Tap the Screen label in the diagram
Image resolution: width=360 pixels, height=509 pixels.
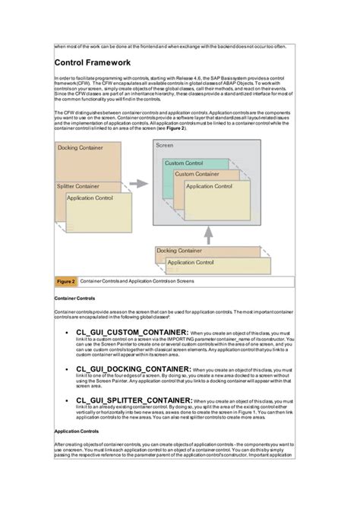[165, 145]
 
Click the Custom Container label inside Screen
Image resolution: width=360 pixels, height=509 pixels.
[198, 174]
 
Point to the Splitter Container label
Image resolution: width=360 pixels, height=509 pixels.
[78, 186]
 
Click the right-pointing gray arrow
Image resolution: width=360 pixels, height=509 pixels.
[137, 183]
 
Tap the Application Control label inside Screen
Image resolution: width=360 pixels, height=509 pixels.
[210, 186]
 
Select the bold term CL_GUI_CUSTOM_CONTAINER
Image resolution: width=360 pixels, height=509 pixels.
[131, 332]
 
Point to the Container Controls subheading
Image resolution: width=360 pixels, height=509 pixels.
[74, 299]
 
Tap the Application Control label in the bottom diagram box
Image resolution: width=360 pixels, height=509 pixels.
[191, 262]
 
